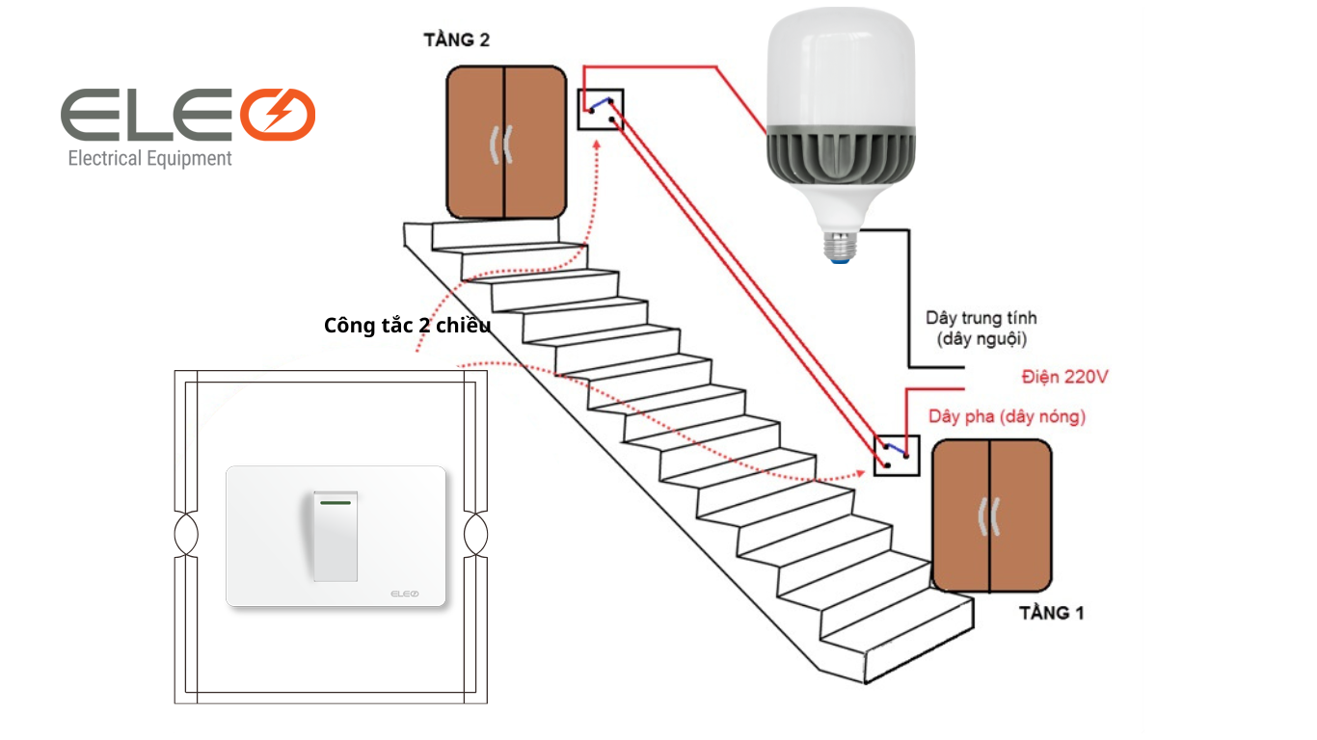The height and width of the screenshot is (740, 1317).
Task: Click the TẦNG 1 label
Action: coord(1051,613)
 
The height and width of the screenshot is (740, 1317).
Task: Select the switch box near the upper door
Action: coord(601,109)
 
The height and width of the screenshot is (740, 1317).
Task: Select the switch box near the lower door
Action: coord(897,455)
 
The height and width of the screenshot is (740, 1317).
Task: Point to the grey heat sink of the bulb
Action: coord(840,155)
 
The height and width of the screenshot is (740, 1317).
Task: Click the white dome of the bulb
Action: coord(840,67)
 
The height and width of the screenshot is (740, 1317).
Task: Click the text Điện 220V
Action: coord(1064,377)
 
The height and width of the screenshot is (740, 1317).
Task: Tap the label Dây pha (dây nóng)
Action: coord(1007,416)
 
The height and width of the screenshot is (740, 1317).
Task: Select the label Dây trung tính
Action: coord(981,317)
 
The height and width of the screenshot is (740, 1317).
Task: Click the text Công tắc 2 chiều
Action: coord(407,326)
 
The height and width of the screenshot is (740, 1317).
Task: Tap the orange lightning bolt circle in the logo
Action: coord(278,114)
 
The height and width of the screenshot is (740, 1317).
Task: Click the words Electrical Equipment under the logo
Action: coord(149,158)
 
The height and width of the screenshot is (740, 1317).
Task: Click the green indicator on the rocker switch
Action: coord(335,501)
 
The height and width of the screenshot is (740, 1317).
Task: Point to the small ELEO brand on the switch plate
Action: coord(405,594)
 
